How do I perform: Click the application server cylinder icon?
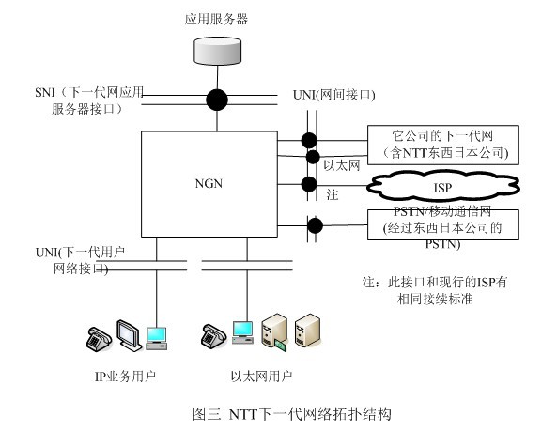click(x=216, y=51)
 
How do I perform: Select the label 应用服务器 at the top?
click(x=216, y=18)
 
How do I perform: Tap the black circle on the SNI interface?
click(x=217, y=97)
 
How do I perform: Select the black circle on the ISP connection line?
click(x=308, y=184)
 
